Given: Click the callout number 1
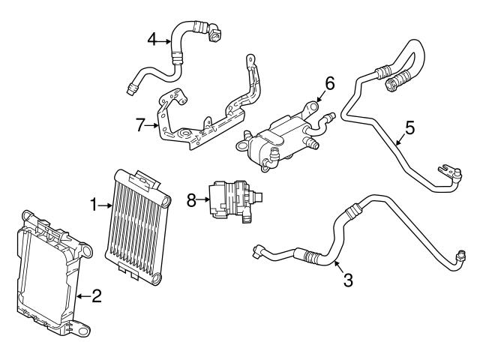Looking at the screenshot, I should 94,203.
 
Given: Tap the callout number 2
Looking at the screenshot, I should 96,296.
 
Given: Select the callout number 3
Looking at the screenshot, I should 347,280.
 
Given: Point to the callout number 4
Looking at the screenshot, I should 151,39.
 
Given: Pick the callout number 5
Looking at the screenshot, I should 409,127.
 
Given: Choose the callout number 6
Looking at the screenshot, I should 329,82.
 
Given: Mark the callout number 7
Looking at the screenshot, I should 139,124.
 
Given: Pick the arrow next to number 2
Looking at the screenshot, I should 82,296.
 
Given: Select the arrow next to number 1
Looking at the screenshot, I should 106,203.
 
